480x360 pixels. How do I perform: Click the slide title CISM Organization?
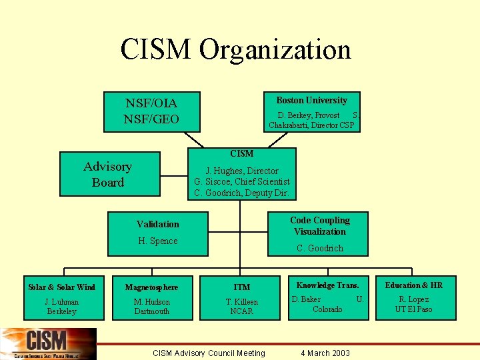point(235,50)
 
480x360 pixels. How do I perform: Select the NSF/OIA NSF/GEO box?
point(152,111)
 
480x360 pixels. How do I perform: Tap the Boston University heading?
point(311,100)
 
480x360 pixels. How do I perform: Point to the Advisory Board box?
point(108,175)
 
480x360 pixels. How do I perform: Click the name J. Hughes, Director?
point(242,171)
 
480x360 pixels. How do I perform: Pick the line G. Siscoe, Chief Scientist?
point(242,181)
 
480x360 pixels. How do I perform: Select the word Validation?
point(158,224)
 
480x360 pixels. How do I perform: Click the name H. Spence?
point(158,241)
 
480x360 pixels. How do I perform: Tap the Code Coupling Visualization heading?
point(320,226)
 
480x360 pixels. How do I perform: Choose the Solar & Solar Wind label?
point(61,287)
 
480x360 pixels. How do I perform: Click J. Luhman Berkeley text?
point(61,306)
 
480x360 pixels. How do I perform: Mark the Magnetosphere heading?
point(152,287)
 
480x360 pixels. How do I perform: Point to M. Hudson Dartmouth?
point(152,306)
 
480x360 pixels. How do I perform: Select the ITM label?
point(242,287)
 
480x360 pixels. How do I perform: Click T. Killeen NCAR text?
point(242,306)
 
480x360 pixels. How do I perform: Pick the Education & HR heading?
point(413,285)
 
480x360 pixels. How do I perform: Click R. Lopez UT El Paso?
point(413,304)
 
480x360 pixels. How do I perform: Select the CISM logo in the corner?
point(48,343)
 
